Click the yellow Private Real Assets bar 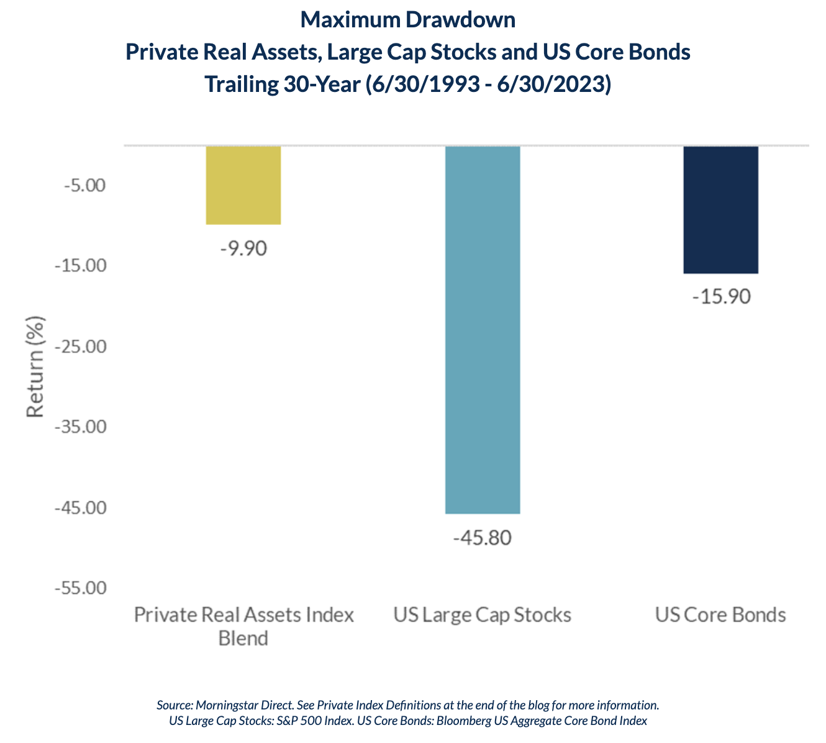pos(243,185)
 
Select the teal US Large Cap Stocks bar pos(483,329)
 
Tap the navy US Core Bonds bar pos(720,210)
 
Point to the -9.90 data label pos(243,248)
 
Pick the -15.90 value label pos(721,297)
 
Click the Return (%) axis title pos(35,368)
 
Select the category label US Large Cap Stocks pos(482,616)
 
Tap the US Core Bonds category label pos(720,616)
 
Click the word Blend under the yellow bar pos(243,638)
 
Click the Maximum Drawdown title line pos(408,21)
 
